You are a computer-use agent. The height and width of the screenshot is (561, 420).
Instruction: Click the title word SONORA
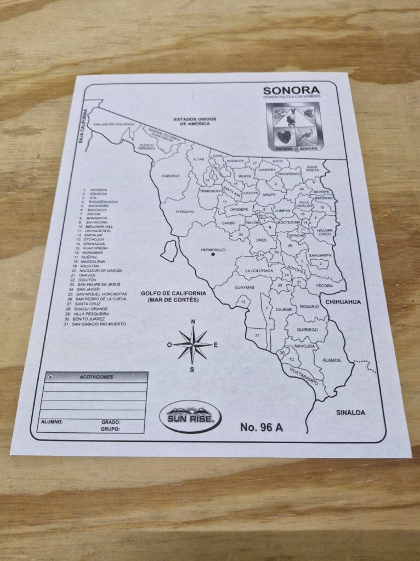[x=290, y=90]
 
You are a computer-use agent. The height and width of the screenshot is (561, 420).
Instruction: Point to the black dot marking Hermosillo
[x=213, y=255]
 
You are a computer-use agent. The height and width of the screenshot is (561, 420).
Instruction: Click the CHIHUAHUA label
[x=343, y=302]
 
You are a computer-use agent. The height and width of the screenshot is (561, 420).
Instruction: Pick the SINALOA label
[x=351, y=413]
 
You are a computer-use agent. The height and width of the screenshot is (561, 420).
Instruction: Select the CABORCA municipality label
[x=171, y=176]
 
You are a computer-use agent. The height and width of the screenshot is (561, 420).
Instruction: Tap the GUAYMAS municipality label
[x=244, y=287]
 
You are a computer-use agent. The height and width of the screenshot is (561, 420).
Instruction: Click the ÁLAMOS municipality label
[x=332, y=360]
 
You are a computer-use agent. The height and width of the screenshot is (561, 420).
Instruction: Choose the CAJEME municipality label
[x=283, y=310]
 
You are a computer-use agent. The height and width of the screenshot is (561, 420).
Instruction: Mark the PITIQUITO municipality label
[x=185, y=211]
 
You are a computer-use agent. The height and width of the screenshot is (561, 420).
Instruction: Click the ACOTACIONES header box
[x=97, y=377]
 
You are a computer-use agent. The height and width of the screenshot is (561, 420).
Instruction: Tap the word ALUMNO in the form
[x=52, y=422]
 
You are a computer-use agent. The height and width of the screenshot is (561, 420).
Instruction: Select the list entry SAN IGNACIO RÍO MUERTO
[x=99, y=324]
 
